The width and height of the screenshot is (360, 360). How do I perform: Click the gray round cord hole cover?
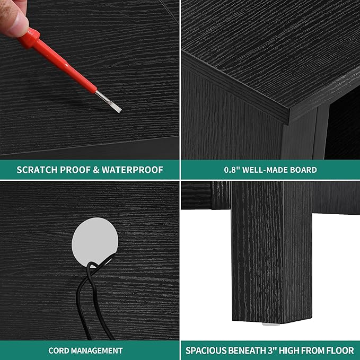coord(94,242)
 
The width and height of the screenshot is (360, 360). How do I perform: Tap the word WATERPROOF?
coord(133,170)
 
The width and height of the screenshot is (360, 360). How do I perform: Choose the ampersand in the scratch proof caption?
coord(96,170)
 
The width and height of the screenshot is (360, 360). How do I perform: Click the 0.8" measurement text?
coord(232,170)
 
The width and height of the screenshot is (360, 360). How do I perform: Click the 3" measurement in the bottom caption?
coord(273,350)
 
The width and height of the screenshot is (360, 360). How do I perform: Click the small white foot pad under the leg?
coord(271,324)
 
